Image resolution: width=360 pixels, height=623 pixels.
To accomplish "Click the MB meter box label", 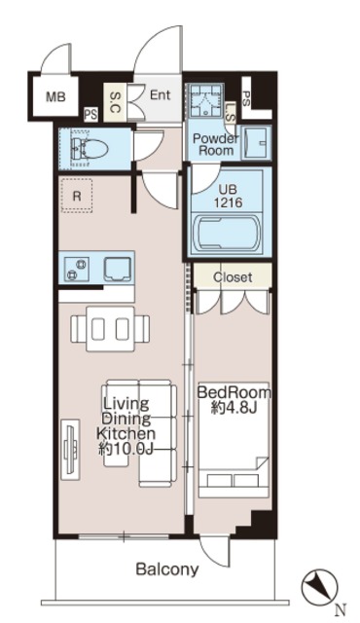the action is [x=55, y=96].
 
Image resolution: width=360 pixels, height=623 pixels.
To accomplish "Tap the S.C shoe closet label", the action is [x=115, y=102].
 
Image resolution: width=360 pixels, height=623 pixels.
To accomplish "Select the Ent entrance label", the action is [x=160, y=95].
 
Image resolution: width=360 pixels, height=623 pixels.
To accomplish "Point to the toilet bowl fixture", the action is [x=90, y=149].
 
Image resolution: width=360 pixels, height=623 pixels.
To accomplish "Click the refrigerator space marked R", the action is [x=77, y=196].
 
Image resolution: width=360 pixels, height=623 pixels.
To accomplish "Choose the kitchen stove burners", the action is [x=77, y=269].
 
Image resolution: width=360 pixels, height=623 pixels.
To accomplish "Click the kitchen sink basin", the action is [x=118, y=269].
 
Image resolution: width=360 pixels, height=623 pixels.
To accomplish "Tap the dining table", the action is [x=110, y=328].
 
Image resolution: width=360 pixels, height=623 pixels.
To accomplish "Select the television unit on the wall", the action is [x=71, y=449].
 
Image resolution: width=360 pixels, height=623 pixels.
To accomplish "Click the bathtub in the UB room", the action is [x=229, y=235].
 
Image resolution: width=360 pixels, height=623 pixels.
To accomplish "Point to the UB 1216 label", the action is [x=229, y=197].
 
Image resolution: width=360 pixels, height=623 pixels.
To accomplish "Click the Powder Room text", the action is [x=216, y=145].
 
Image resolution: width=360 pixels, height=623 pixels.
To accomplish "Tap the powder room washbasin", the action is [x=256, y=143].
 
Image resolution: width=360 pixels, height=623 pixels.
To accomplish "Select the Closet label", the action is [x=233, y=276].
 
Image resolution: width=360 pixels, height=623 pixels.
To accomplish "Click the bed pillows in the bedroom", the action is [x=233, y=480].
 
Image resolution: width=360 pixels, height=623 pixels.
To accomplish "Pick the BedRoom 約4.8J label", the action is [x=234, y=400].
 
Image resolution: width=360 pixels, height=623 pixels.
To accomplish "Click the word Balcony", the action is [x=167, y=569].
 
